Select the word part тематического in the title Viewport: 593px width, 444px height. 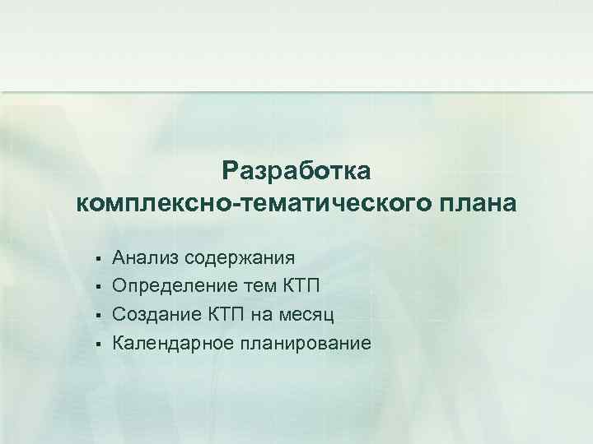point(329,203)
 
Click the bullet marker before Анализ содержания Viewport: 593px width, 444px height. point(97,260)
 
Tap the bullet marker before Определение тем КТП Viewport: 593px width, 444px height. point(97,287)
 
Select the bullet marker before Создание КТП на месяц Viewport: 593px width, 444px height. point(97,314)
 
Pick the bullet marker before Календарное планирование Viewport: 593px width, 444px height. point(97,341)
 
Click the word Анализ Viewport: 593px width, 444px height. point(146,259)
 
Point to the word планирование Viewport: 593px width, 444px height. point(304,341)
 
